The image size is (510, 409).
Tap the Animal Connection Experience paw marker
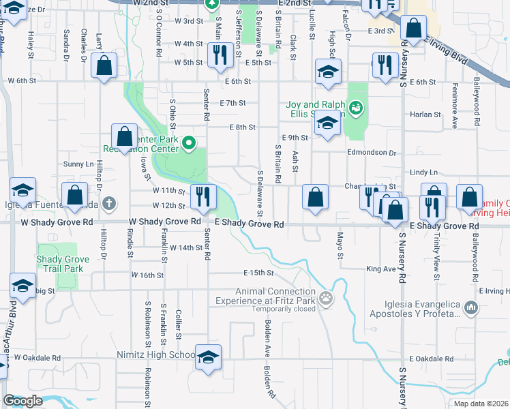point(327,298)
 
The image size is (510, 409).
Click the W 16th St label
point(147,275)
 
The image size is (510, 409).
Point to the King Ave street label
point(380,269)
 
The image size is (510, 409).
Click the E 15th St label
point(258,273)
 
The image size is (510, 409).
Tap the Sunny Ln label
point(78,164)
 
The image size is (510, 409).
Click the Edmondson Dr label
point(371,153)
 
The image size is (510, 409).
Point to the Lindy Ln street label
point(423,173)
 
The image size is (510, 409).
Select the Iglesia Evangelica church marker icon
point(470,309)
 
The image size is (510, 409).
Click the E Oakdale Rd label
point(431,359)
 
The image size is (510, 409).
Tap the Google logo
point(22,401)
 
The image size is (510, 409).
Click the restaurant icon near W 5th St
point(219,55)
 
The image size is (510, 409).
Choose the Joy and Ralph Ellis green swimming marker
point(355,107)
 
